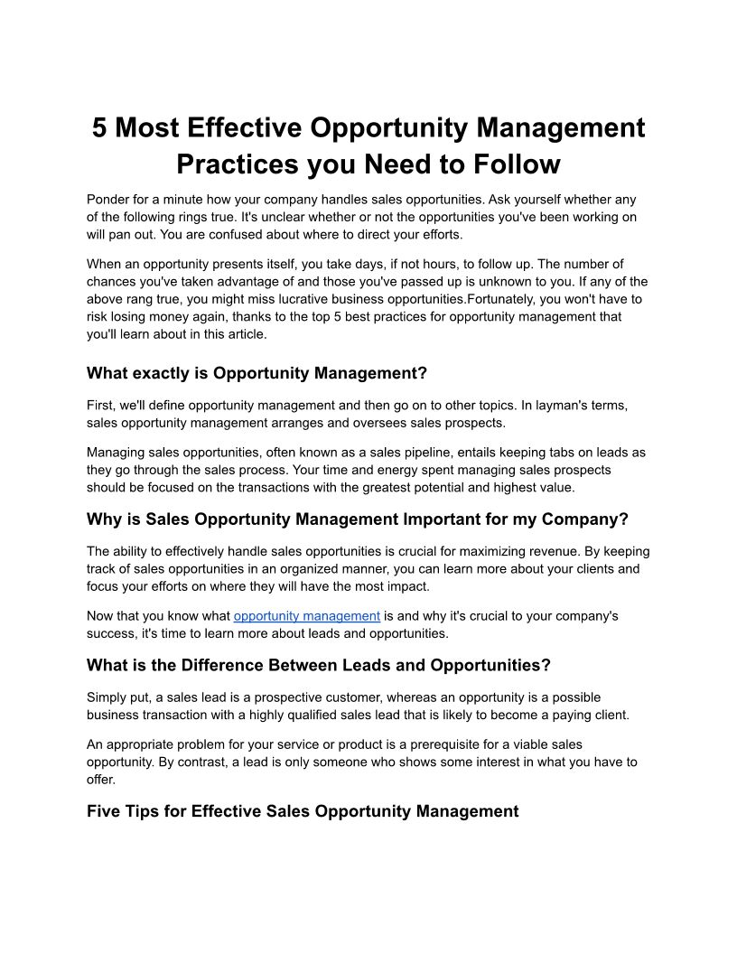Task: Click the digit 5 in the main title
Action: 99,127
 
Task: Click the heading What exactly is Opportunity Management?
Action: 257,373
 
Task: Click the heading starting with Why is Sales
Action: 357,519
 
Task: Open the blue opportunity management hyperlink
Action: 306,616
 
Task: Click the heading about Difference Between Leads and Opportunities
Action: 318,666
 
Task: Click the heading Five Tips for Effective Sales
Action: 303,811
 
